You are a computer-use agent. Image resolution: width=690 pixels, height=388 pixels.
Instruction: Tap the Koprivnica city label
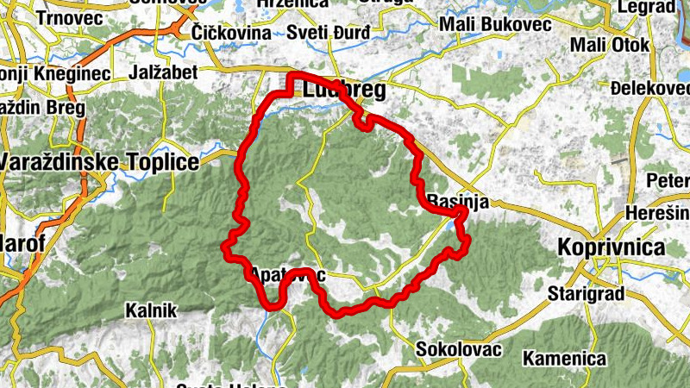click(x=612, y=247)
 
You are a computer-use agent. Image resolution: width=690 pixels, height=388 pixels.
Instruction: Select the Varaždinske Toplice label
click(x=99, y=161)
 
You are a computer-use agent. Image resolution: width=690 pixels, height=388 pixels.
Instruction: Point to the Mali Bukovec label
click(x=495, y=24)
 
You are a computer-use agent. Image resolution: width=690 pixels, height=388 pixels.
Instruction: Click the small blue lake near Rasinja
click(x=451, y=226)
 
